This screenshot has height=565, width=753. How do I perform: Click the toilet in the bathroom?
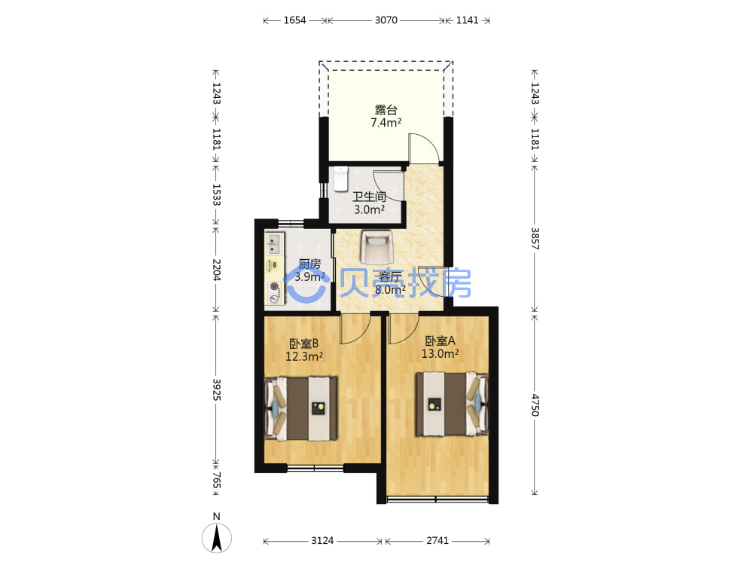(x=340, y=179)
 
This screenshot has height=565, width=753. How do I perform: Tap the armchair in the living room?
(x=377, y=247)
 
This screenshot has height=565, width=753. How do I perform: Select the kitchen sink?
(x=274, y=244)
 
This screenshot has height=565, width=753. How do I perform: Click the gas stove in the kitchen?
(x=275, y=292)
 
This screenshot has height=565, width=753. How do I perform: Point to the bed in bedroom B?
(x=301, y=408)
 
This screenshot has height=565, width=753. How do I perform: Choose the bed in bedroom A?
(x=452, y=404)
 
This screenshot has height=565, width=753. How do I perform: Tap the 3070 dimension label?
(x=386, y=20)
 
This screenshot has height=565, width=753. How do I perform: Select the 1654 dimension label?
(x=294, y=20)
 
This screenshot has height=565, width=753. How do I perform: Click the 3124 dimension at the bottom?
(x=322, y=541)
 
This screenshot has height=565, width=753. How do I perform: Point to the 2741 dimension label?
(x=437, y=541)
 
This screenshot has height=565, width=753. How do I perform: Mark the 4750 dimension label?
(x=535, y=405)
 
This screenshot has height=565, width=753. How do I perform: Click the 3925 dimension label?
(x=217, y=389)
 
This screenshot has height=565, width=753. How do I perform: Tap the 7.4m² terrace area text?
(x=386, y=123)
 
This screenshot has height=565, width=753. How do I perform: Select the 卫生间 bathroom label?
(x=369, y=197)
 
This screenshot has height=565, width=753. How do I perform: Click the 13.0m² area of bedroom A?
(x=440, y=353)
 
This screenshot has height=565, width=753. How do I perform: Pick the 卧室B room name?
(x=304, y=344)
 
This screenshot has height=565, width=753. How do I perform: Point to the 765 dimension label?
(x=217, y=480)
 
